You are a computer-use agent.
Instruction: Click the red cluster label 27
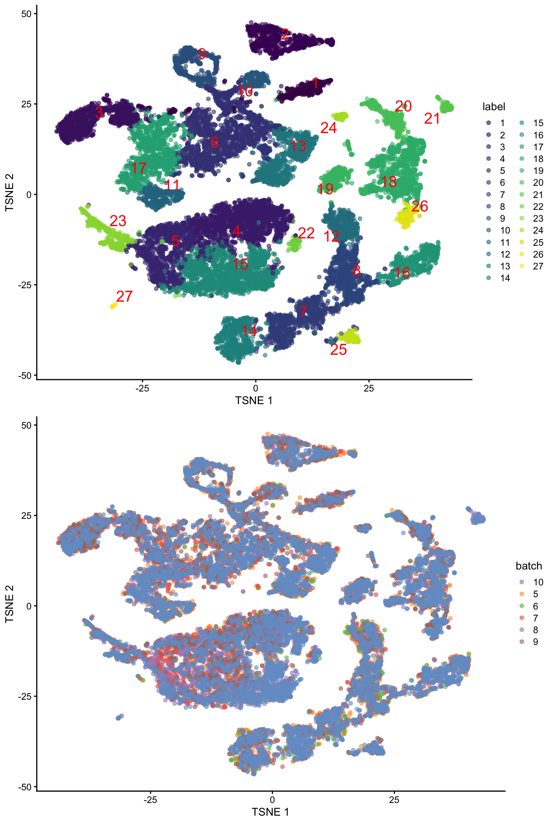point(124,296)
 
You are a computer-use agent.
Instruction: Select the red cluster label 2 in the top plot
point(286,34)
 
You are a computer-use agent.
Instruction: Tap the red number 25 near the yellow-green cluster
point(338,350)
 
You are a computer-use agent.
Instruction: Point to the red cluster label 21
point(432,119)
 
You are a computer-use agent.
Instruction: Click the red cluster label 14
point(249,331)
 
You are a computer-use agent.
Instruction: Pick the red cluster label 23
point(118,221)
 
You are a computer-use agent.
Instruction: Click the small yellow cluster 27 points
point(113,306)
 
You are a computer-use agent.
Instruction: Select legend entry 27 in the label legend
point(538,266)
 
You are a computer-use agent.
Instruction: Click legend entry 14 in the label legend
point(505,278)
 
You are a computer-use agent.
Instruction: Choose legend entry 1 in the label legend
point(502,123)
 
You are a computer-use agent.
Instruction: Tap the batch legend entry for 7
point(535,618)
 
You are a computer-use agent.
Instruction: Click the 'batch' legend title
point(529,566)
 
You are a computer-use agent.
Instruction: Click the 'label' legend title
point(493,107)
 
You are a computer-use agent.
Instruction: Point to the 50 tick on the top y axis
point(26,13)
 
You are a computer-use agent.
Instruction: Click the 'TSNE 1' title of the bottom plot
point(270,812)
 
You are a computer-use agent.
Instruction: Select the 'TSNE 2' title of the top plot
point(9,192)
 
